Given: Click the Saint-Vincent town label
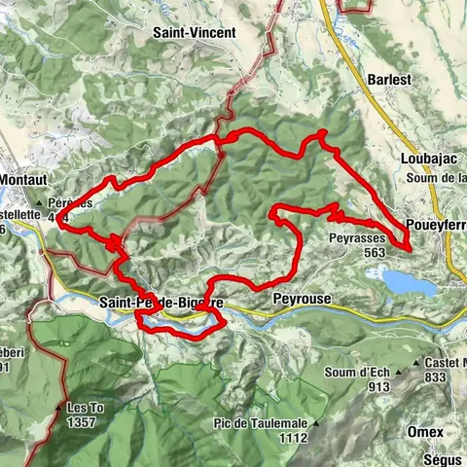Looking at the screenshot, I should (x=194, y=32).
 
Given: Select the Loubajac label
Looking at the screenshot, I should (x=421, y=157).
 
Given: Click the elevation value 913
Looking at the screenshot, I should (x=365, y=383).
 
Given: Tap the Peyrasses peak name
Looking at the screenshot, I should (x=357, y=236).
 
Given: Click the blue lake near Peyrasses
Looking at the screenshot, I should (x=409, y=282).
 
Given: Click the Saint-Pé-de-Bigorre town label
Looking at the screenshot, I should (x=162, y=303).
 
